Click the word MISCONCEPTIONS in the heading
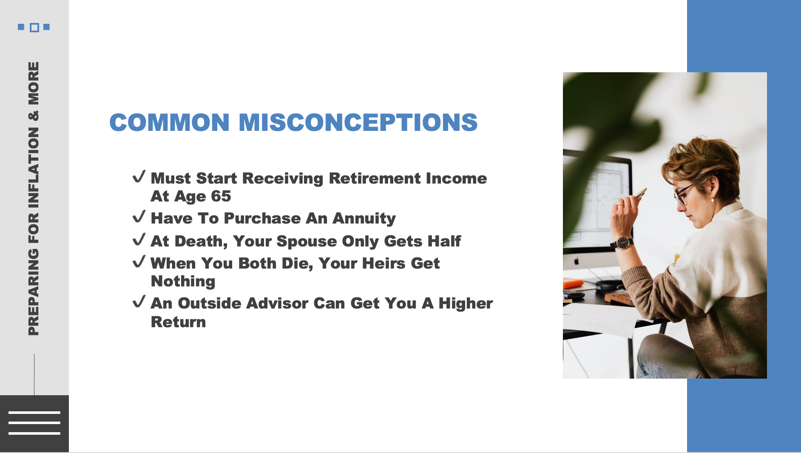point(358,122)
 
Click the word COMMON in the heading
point(169,122)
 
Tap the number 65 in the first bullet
point(221,196)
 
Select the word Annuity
point(364,218)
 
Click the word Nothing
point(183,281)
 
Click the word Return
point(178,322)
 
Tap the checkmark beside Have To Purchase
point(139,217)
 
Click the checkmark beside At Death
point(139,240)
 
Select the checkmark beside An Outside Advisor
point(139,302)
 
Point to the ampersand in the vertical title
point(34,115)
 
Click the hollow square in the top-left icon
point(34,28)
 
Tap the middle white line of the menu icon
point(34,423)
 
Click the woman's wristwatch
point(623,243)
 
